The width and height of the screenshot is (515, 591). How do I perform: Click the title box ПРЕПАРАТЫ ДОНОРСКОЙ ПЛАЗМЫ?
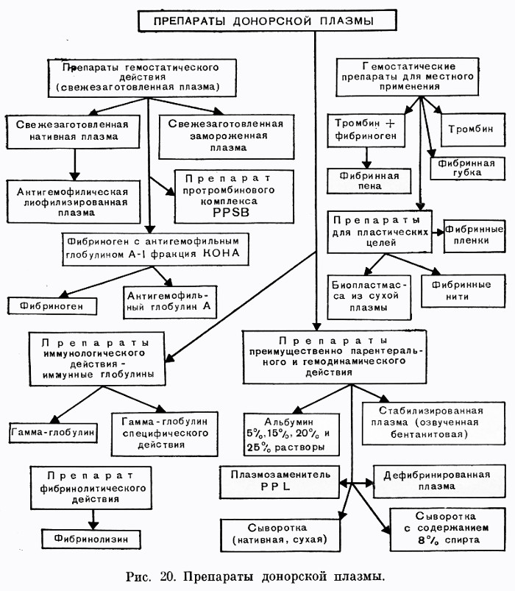click(267, 21)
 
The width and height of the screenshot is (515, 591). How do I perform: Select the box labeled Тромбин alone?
click(472, 130)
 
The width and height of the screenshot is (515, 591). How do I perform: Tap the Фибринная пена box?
click(369, 181)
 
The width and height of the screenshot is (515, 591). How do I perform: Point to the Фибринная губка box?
click(467, 168)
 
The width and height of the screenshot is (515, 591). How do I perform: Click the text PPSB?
click(231, 212)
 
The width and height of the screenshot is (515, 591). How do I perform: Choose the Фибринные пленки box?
click(474, 236)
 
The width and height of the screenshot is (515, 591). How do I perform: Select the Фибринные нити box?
click(463, 291)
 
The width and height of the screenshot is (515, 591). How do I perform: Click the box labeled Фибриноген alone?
click(52, 305)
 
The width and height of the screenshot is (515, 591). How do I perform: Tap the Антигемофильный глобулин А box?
click(169, 302)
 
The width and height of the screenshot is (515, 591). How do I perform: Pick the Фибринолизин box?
click(91, 539)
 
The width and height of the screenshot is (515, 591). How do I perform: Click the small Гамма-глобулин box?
click(53, 432)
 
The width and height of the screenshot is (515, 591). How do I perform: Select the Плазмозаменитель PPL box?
click(280, 481)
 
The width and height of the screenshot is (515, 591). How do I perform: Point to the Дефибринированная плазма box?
click(439, 481)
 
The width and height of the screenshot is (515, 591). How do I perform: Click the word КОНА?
click(221, 253)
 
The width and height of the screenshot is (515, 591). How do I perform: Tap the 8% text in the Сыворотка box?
click(428, 540)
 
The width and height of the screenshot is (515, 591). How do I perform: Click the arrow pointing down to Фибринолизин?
click(93, 520)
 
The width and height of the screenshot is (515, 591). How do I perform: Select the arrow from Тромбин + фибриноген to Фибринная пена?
click(366, 158)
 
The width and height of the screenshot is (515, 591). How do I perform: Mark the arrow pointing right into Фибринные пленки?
click(438, 232)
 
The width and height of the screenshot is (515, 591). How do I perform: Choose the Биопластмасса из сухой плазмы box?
click(369, 297)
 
